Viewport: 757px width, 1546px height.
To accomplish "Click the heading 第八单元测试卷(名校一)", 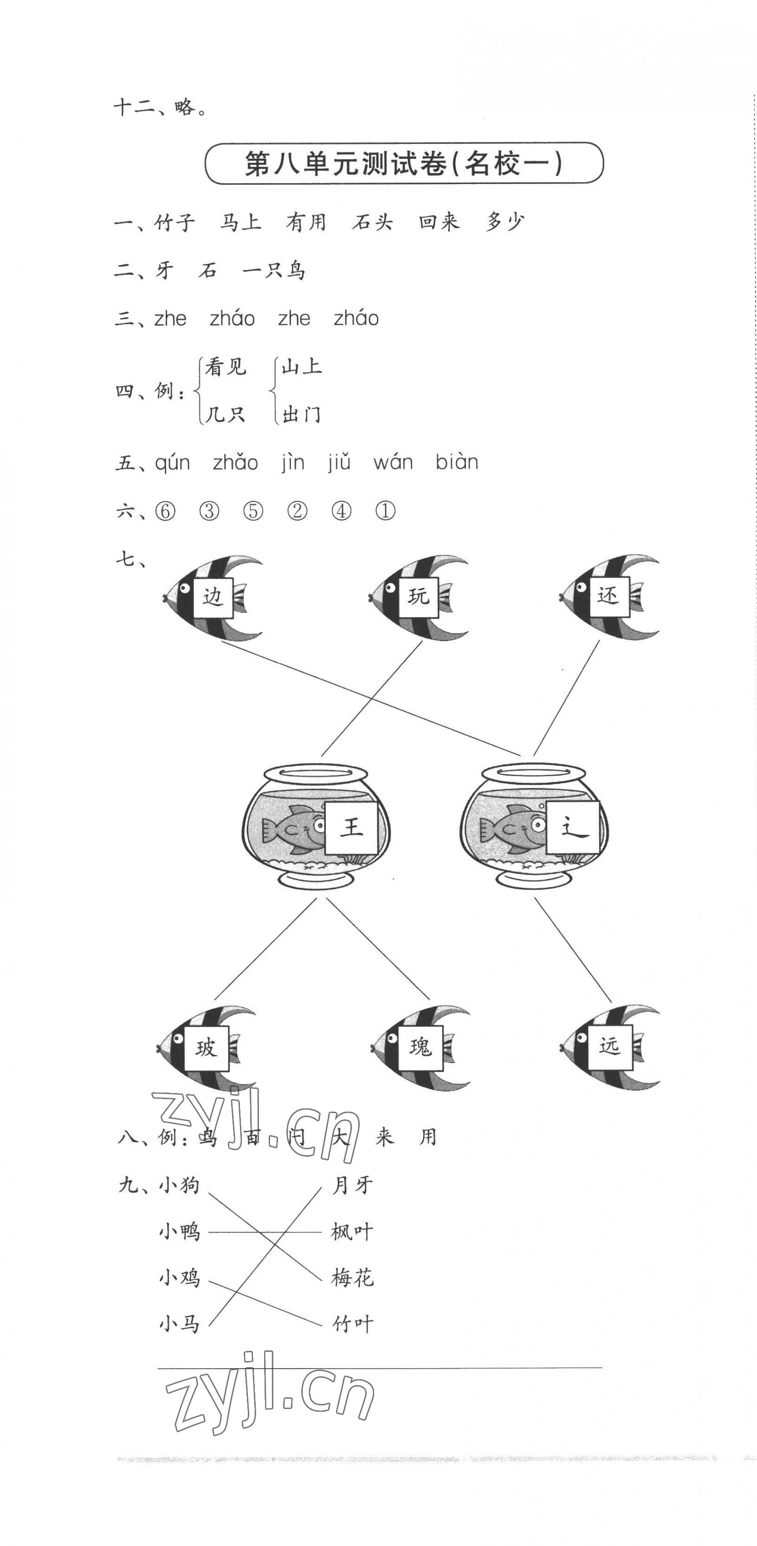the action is [404, 163].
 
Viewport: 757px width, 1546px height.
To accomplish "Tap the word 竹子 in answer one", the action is [175, 223].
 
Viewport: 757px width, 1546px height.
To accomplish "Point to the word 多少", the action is [505, 223].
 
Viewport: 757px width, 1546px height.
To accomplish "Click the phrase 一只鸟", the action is [274, 271].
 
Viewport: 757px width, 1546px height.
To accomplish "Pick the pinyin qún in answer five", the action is [173, 463].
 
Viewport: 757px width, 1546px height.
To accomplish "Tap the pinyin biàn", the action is [457, 463].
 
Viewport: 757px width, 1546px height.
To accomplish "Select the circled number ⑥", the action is [165, 511].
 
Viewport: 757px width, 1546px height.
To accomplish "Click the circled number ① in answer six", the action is [385, 511].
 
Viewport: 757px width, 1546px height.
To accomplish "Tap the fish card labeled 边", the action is [213, 597].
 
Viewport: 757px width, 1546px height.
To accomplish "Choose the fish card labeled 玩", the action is [419, 597].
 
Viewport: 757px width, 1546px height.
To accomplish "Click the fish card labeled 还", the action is [608, 596].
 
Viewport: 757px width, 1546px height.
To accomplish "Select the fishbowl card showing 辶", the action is [573, 828].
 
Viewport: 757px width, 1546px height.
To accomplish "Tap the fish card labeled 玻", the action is [206, 1048].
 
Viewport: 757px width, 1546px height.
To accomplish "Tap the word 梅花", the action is [353, 1278].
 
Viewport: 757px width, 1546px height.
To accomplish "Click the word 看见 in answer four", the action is [226, 367].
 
